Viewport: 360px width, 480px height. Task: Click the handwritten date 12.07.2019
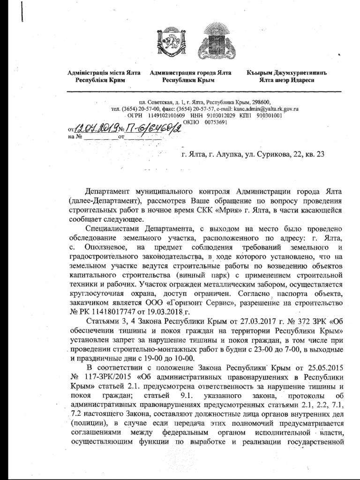[97, 126]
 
